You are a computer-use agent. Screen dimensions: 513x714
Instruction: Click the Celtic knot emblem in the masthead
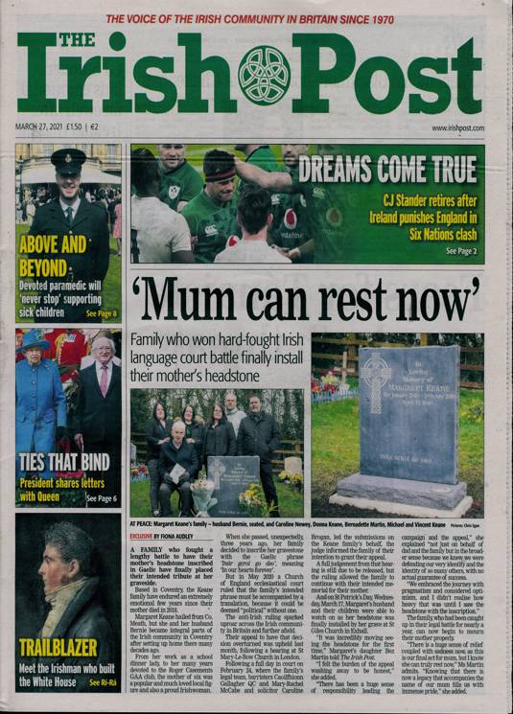tap(263, 76)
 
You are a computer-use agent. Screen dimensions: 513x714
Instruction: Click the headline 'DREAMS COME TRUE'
tap(387, 169)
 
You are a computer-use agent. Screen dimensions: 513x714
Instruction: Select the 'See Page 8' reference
tap(101, 313)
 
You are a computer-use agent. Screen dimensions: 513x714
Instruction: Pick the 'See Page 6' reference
tap(100, 499)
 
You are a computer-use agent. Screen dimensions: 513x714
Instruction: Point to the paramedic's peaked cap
tap(68, 158)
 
